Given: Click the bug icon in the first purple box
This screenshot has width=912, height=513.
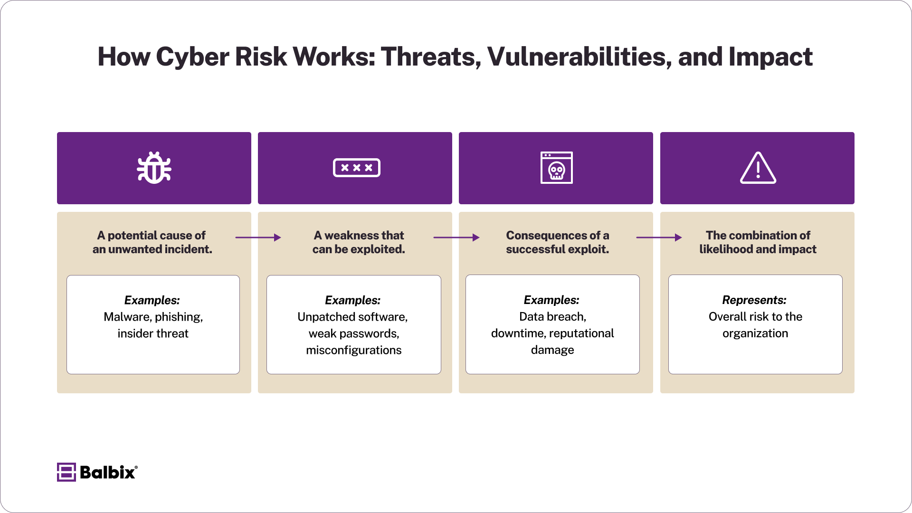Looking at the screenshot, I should tap(154, 168).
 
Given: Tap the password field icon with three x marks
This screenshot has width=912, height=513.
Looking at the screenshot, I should tap(356, 168).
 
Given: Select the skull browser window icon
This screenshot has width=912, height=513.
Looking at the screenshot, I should tap(556, 168).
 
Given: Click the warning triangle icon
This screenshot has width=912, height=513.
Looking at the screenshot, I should tap(758, 168).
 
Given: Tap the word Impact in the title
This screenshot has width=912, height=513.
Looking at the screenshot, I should tap(770, 57).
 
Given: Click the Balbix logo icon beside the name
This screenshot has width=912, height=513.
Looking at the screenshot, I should tap(66, 472).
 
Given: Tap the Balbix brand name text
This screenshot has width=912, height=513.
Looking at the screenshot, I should tap(108, 472).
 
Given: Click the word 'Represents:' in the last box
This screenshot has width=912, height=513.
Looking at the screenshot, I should tap(754, 300).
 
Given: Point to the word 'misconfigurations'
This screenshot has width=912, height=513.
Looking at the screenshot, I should tap(353, 350).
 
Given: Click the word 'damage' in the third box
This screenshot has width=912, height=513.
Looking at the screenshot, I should tap(552, 350).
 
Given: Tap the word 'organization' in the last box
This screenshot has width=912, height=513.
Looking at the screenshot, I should tap(755, 333).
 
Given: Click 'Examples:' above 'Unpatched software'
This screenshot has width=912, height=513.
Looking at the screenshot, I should tap(352, 300).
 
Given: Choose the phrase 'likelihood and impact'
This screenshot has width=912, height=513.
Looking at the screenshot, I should tap(757, 249).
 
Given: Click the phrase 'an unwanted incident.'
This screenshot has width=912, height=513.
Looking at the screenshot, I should tap(152, 249).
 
